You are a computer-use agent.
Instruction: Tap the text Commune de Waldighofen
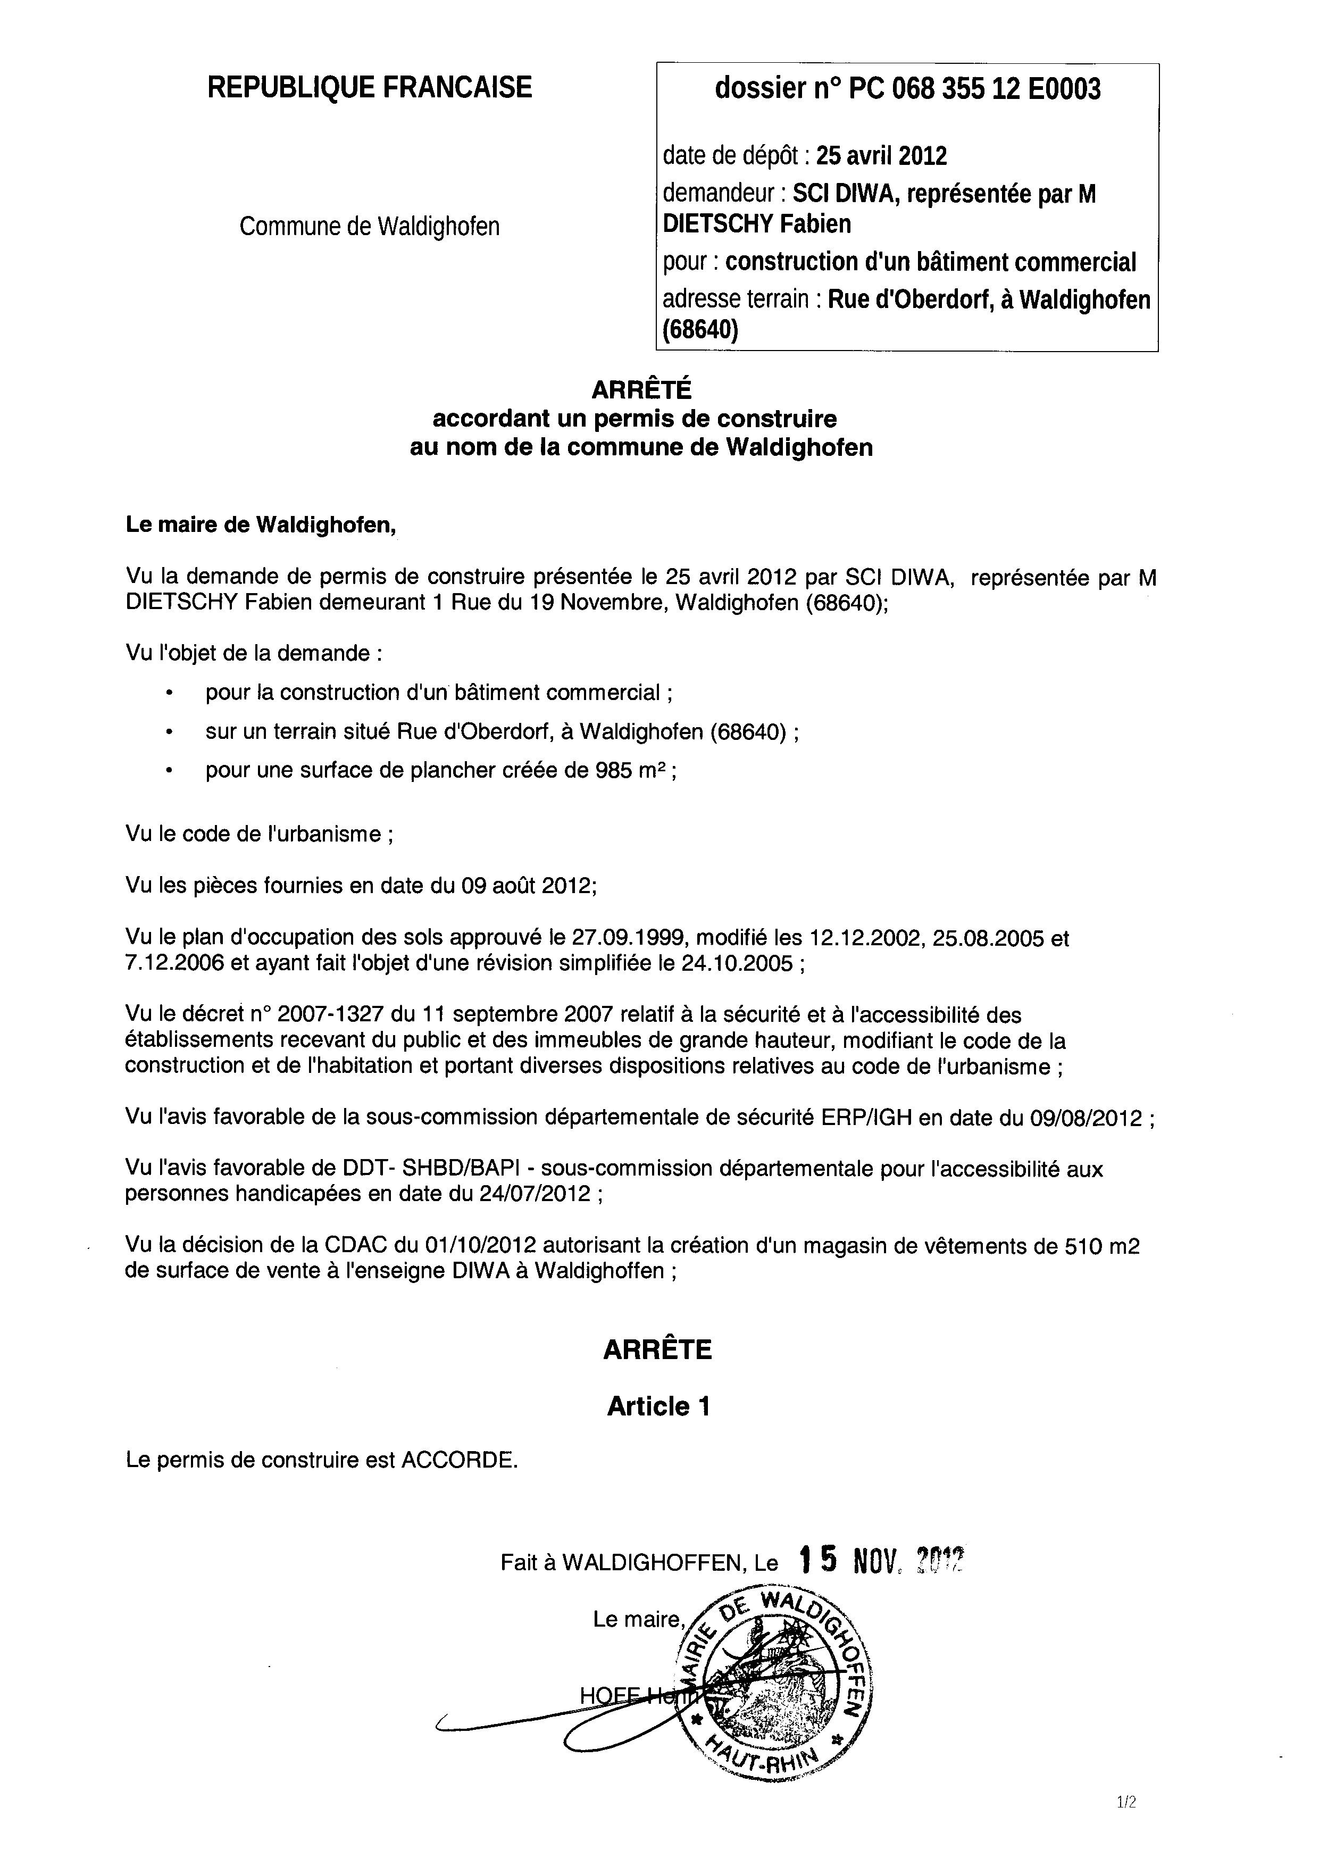click(x=369, y=226)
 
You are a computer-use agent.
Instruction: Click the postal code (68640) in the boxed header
click(x=700, y=331)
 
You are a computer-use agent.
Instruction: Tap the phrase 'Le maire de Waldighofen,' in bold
click(x=261, y=526)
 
